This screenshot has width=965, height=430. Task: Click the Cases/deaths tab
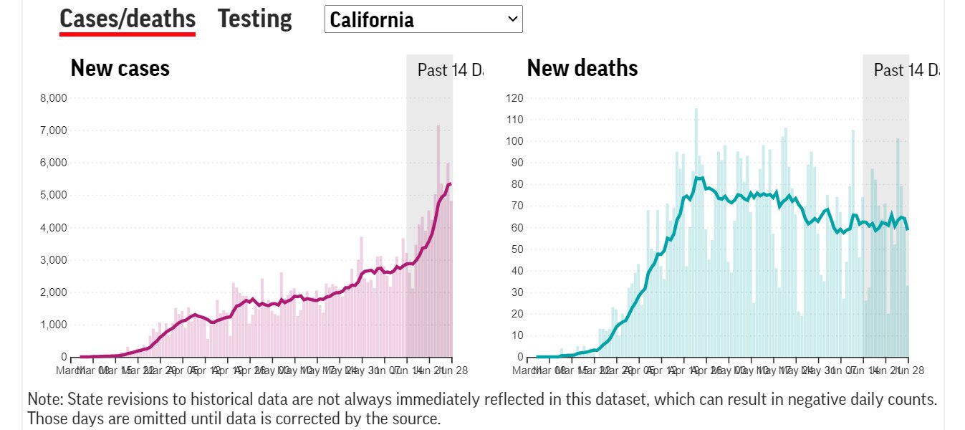pyautogui.click(x=128, y=19)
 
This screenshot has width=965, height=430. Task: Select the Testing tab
pyautogui.click(x=254, y=19)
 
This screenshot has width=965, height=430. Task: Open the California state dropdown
pyautogui.click(x=423, y=19)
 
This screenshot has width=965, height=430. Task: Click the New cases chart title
pyautogui.click(x=120, y=68)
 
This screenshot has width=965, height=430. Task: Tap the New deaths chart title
pyautogui.click(x=582, y=68)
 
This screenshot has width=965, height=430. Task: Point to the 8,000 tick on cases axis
pyautogui.click(x=53, y=98)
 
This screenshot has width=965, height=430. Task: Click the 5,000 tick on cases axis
pyautogui.click(x=53, y=195)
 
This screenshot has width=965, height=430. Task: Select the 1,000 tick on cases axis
pyautogui.click(x=53, y=325)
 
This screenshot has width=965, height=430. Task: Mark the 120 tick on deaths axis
pyautogui.click(x=515, y=98)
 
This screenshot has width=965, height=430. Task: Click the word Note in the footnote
pyautogui.click(x=42, y=399)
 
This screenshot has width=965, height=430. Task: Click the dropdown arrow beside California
pyautogui.click(x=512, y=19)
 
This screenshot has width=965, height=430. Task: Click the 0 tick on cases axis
pyautogui.click(x=64, y=357)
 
